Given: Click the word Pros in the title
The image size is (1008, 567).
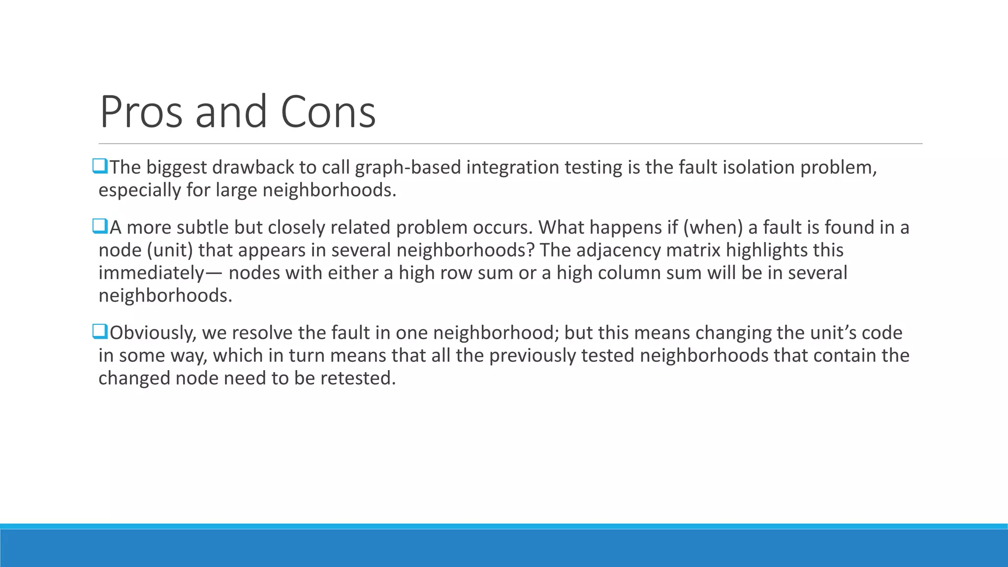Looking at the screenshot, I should point(141,112).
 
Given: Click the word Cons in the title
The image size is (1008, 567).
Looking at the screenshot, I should point(328,112).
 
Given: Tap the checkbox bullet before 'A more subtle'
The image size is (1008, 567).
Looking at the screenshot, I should point(100,226).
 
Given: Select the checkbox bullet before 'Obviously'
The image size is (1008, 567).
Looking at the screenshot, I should point(100,332).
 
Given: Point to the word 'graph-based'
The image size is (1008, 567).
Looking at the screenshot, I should point(408,168).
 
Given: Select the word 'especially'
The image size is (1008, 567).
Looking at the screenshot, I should point(139,190).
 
